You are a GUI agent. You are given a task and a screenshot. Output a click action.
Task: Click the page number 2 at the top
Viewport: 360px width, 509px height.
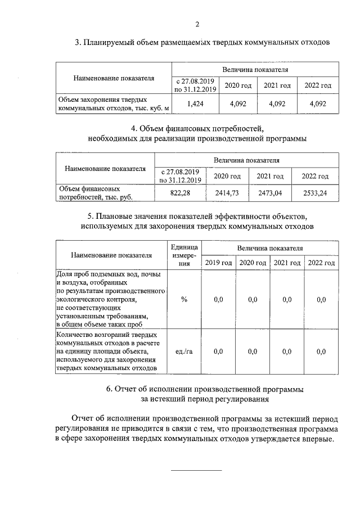tap(197, 24)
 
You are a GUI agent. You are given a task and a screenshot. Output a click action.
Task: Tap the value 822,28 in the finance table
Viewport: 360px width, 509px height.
tap(180, 193)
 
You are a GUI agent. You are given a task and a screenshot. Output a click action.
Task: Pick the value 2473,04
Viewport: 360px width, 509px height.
tap(270, 193)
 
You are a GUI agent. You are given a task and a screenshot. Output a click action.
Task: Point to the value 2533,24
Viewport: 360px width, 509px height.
tap(314, 193)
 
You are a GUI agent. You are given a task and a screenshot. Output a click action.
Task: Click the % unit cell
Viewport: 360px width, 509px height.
tap(184, 300)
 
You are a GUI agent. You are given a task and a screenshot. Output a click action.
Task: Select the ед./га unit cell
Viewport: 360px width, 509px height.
tap(184, 352)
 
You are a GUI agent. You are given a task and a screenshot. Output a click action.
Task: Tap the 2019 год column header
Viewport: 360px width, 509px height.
tap(218, 263)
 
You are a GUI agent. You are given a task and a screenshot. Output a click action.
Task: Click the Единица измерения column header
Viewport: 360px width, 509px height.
tap(184, 255)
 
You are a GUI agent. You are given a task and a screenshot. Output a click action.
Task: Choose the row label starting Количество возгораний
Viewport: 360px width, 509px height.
tap(110, 352)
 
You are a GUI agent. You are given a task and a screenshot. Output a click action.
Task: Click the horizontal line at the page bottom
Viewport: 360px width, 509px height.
tap(196, 470)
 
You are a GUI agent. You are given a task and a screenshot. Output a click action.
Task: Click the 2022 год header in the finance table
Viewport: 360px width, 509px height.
tap(314, 176)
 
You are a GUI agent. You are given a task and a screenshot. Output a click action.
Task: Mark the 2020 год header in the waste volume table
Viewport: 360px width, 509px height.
tap(238, 85)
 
